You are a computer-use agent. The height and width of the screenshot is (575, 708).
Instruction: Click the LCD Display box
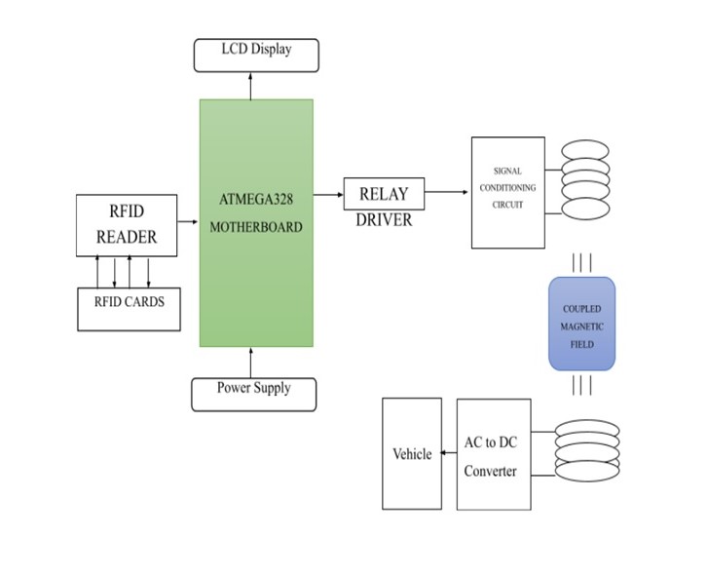(x=256, y=55)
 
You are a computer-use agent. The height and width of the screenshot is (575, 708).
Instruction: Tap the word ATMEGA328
(x=256, y=200)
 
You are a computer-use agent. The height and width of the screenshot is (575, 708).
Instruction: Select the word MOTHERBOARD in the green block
(x=256, y=227)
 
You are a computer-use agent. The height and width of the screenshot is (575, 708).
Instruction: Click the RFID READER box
(x=127, y=223)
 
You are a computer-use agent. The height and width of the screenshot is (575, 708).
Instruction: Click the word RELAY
(x=383, y=194)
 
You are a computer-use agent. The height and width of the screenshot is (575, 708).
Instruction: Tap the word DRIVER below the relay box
(x=383, y=220)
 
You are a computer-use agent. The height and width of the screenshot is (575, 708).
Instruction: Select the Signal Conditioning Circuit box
(x=507, y=192)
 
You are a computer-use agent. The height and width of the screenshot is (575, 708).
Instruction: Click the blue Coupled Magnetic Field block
(x=581, y=324)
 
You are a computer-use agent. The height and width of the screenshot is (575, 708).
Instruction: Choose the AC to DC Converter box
(x=494, y=454)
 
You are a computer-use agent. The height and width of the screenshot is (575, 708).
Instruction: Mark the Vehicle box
(x=411, y=454)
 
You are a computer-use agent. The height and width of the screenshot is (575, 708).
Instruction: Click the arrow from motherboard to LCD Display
(x=250, y=85)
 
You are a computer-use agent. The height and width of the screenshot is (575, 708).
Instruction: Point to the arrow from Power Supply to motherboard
(x=250, y=362)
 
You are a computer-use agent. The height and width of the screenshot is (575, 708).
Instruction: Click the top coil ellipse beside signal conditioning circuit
(x=585, y=151)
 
